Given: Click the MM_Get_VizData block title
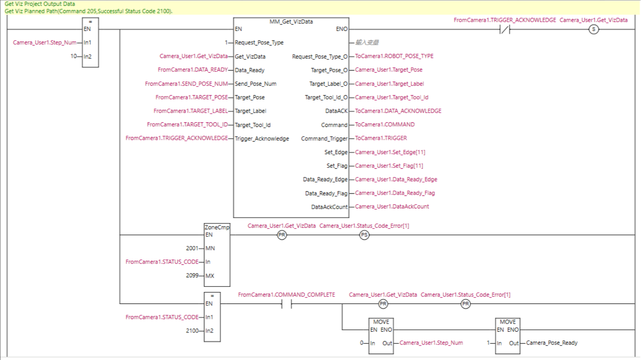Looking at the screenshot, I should point(291,22).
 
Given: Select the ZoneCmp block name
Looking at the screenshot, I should point(217,227).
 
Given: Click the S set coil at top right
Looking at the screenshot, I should point(593,29).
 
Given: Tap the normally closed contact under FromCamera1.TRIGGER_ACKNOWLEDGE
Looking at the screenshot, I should point(505,29).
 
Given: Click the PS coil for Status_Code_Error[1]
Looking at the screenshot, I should point(364,235).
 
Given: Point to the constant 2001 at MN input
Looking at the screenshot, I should point(192,248).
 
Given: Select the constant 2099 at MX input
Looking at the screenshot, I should point(192,276).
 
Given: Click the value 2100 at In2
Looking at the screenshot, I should point(192,331).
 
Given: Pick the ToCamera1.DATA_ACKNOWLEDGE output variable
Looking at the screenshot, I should point(398,111).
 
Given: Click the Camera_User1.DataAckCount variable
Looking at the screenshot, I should point(392,207).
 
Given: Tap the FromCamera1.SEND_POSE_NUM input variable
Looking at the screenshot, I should point(186,84).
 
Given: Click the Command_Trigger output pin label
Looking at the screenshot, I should point(324,139).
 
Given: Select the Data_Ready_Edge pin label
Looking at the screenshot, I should point(325,180).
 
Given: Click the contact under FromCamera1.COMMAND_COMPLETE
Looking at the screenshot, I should point(286,304).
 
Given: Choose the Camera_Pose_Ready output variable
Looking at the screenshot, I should point(552,343).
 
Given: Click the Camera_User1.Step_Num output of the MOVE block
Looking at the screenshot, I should point(431,343).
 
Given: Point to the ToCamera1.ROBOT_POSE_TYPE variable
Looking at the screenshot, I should point(394,56).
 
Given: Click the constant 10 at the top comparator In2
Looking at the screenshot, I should point(73,56).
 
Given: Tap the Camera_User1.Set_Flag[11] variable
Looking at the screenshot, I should point(389,166).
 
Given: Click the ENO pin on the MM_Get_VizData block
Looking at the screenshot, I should point(341,29).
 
